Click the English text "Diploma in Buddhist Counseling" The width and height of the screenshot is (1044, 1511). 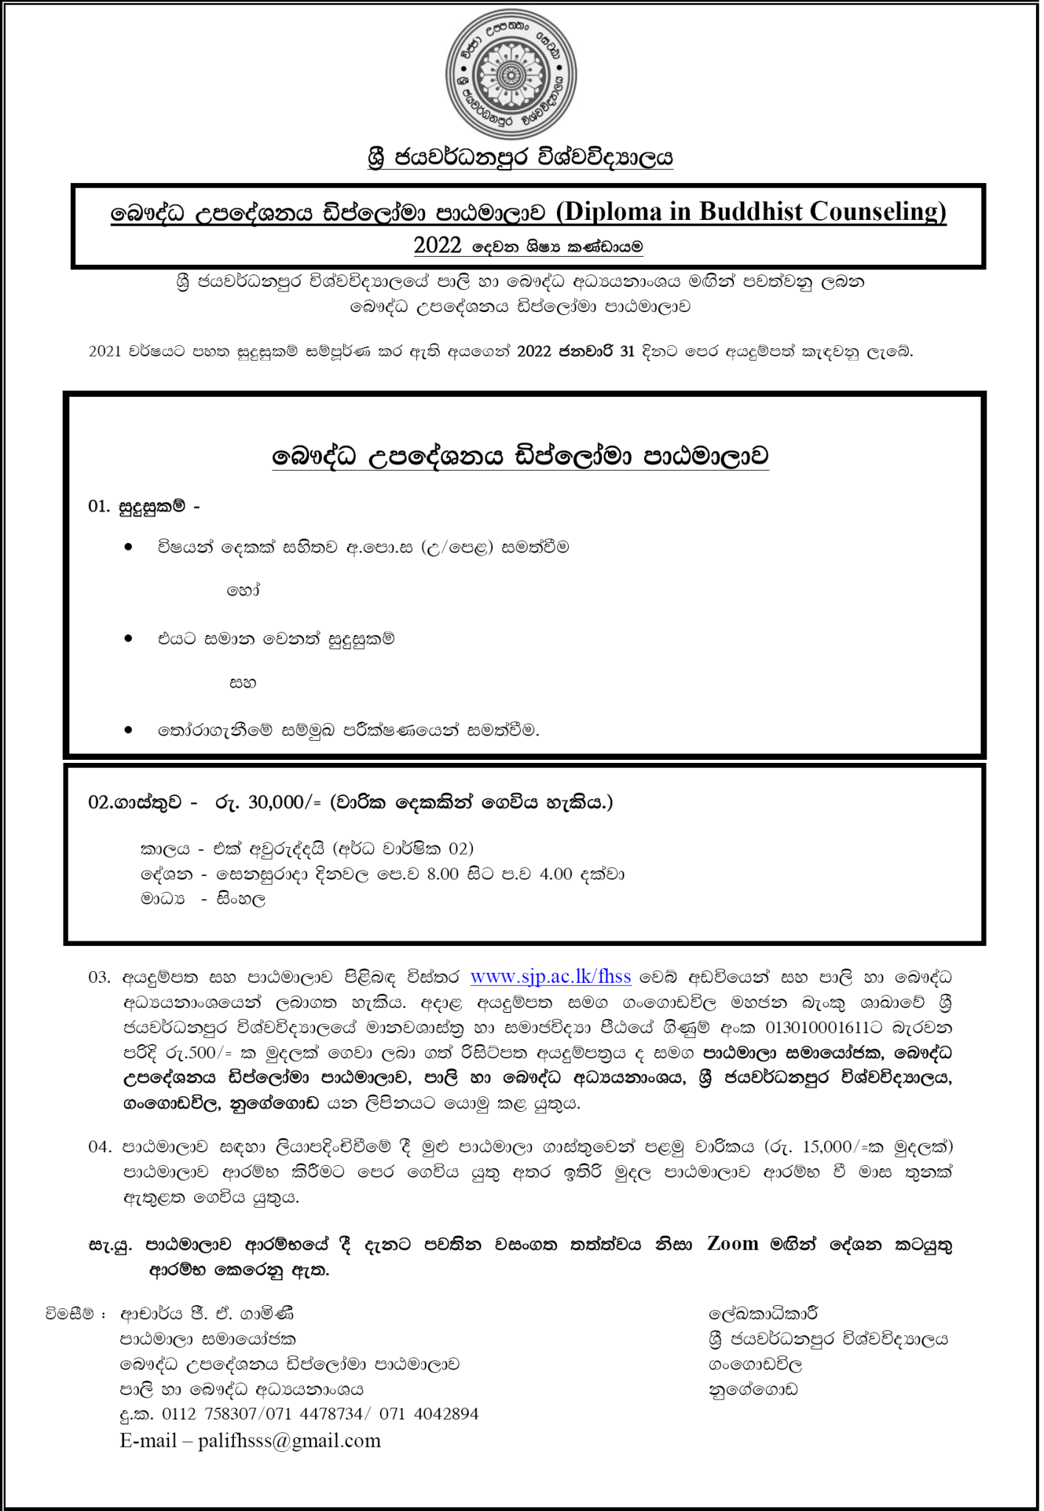(750, 212)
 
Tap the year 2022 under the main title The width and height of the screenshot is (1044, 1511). (438, 246)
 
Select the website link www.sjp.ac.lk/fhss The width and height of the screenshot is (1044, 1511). (550, 977)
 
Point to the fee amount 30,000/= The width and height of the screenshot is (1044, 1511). (285, 802)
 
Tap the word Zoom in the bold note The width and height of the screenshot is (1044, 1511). (733, 1244)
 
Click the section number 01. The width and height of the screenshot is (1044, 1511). (99, 507)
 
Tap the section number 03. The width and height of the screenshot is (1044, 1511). (99, 978)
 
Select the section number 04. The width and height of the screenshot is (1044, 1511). (99, 1147)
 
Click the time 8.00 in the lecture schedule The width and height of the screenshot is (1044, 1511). (442, 874)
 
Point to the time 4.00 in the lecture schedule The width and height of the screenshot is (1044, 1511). (556, 874)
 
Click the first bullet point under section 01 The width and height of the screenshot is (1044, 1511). (129, 547)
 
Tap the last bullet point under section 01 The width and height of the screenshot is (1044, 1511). (129, 730)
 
